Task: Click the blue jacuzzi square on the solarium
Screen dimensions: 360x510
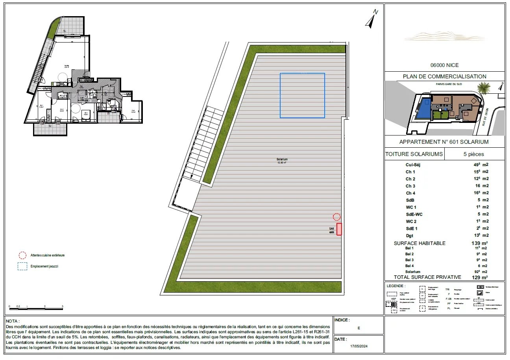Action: coord(302,96)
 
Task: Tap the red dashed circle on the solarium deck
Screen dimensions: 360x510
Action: coord(336,217)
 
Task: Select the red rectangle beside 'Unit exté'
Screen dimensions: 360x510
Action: coord(339,229)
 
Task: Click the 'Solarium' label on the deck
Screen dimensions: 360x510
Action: coord(282,160)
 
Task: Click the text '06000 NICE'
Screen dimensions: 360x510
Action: coord(444,65)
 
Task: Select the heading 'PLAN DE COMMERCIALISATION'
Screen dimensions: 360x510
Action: coord(444,76)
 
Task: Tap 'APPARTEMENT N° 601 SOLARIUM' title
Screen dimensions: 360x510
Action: coord(444,142)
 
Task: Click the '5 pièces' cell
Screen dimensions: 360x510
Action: coord(473,154)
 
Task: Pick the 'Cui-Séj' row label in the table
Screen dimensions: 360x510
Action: coord(413,165)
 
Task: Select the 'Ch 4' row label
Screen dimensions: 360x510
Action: coord(410,193)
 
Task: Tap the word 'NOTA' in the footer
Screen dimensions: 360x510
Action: coord(13,321)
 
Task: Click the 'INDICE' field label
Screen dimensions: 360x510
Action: coord(342,320)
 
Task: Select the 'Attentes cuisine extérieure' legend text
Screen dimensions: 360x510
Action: coord(48,255)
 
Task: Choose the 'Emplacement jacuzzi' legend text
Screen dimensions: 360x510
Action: coord(44,267)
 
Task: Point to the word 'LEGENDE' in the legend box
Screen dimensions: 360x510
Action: coord(396,286)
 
